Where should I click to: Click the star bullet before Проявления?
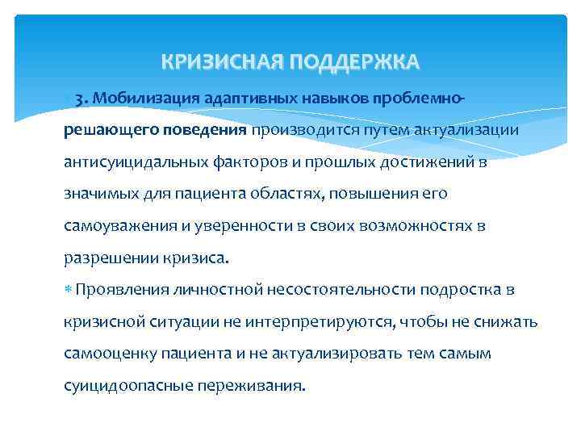[x=68, y=289]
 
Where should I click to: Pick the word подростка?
[x=455, y=289]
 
